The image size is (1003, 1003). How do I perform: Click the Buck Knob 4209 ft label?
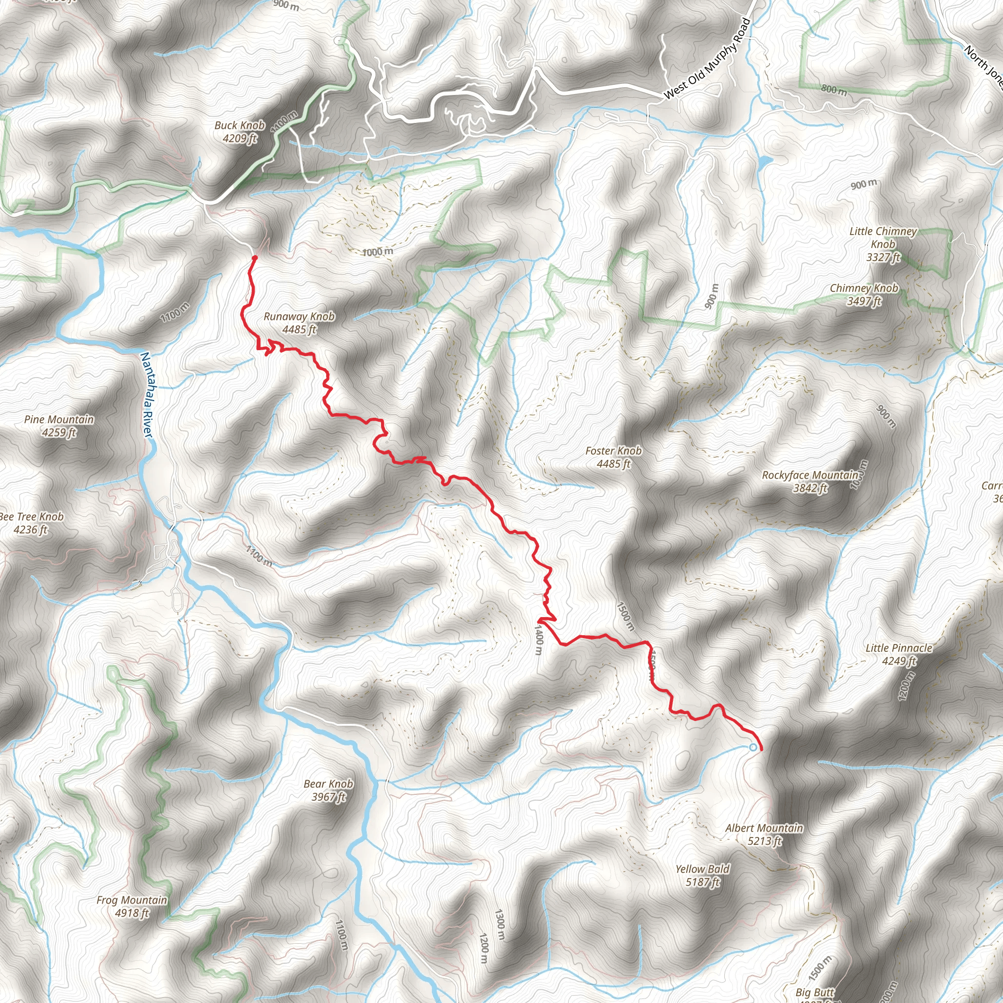click(239, 132)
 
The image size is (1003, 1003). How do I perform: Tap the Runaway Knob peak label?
click(299, 322)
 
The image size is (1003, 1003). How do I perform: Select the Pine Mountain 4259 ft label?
click(59, 426)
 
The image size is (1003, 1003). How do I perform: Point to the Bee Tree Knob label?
click(31, 523)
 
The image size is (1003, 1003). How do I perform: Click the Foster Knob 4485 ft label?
click(613, 457)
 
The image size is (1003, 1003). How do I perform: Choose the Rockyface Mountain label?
click(810, 481)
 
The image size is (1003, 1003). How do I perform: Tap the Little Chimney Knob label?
click(883, 244)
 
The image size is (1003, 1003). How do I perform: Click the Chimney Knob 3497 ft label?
click(864, 294)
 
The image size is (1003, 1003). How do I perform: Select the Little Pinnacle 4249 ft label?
click(899, 654)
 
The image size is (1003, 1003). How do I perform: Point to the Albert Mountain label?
click(764, 834)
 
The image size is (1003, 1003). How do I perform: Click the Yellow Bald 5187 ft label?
click(702, 875)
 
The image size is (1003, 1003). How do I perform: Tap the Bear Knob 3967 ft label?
click(328, 790)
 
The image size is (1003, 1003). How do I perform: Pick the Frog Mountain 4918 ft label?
click(132, 907)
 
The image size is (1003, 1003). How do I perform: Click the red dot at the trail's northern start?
click(254, 258)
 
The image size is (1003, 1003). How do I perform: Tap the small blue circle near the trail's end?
click(753, 747)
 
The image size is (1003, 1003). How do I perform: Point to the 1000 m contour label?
click(378, 252)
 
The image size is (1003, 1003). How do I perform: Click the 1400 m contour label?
click(538, 640)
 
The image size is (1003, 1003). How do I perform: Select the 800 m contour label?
click(834, 89)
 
